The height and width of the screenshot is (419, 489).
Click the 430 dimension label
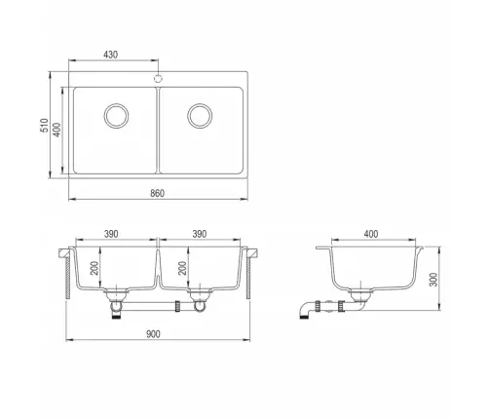[x=110, y=55]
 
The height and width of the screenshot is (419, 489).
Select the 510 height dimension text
[x=44, y=125]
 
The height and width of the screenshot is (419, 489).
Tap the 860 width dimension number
[x=158, y=193]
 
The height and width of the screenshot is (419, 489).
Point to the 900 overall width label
[x=153, y=334]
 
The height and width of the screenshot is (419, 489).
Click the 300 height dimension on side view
[x=433, y=280]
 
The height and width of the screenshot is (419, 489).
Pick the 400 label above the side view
[x=371, y=234]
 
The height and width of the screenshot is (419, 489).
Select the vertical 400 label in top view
[x=56, y=130]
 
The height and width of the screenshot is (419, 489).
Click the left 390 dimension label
[x=111, y=234]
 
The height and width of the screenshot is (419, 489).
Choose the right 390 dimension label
[x=200, y=234]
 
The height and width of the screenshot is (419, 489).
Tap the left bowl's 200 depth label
[x=94, y=268]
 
